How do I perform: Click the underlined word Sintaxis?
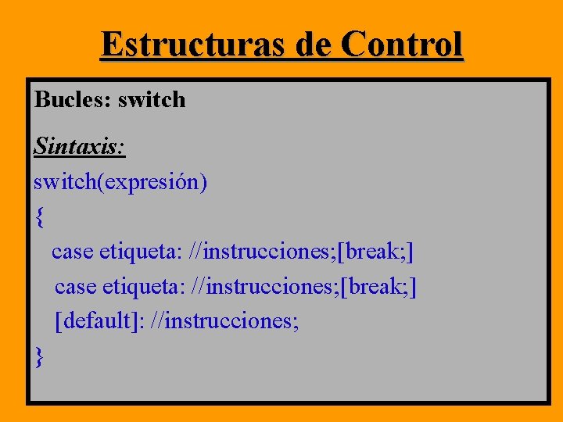coord(79,146)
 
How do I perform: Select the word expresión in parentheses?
coord(157,183)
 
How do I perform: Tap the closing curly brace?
coord(40,356)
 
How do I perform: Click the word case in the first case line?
coord(72,252)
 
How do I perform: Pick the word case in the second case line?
coord(75,287)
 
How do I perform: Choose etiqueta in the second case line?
coord(144,287)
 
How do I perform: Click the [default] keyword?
coord(100,321)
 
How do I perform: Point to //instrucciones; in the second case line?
coord(267,287)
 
